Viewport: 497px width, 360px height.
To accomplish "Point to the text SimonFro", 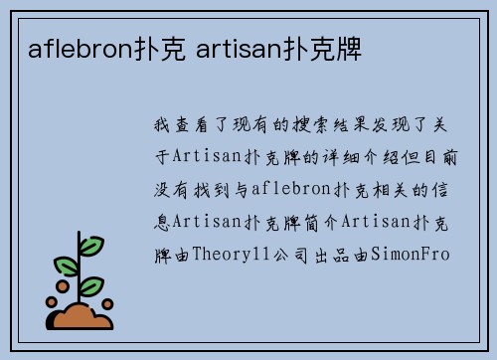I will coord(411,254).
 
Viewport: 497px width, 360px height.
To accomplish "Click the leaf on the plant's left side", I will coord(66,267).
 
